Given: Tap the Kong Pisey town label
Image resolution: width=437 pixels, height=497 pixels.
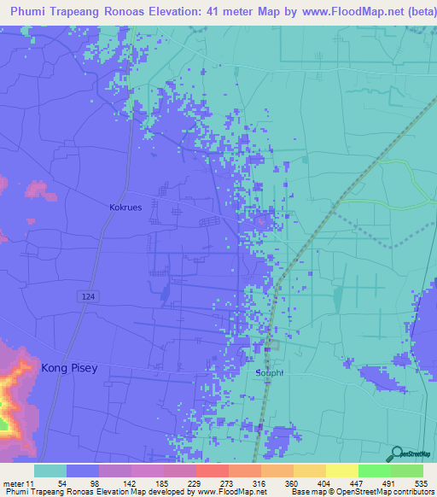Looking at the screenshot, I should pos(69,368).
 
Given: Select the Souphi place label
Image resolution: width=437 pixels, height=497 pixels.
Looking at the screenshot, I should pos(269,373).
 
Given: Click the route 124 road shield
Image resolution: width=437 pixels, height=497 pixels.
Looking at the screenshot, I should pos(87,295).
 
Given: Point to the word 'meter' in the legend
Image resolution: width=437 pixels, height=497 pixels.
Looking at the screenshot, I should pos(15,482).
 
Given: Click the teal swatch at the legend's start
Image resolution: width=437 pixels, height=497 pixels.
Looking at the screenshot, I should pos(50,471).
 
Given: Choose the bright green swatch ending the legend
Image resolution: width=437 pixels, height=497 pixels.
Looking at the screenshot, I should pos(407,471).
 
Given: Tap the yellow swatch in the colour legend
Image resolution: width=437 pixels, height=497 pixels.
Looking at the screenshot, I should pos(341,471).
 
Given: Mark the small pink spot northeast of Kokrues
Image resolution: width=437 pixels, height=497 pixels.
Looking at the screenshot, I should pos(260,222).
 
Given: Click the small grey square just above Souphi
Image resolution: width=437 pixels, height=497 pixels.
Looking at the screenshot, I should pos(272,346).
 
